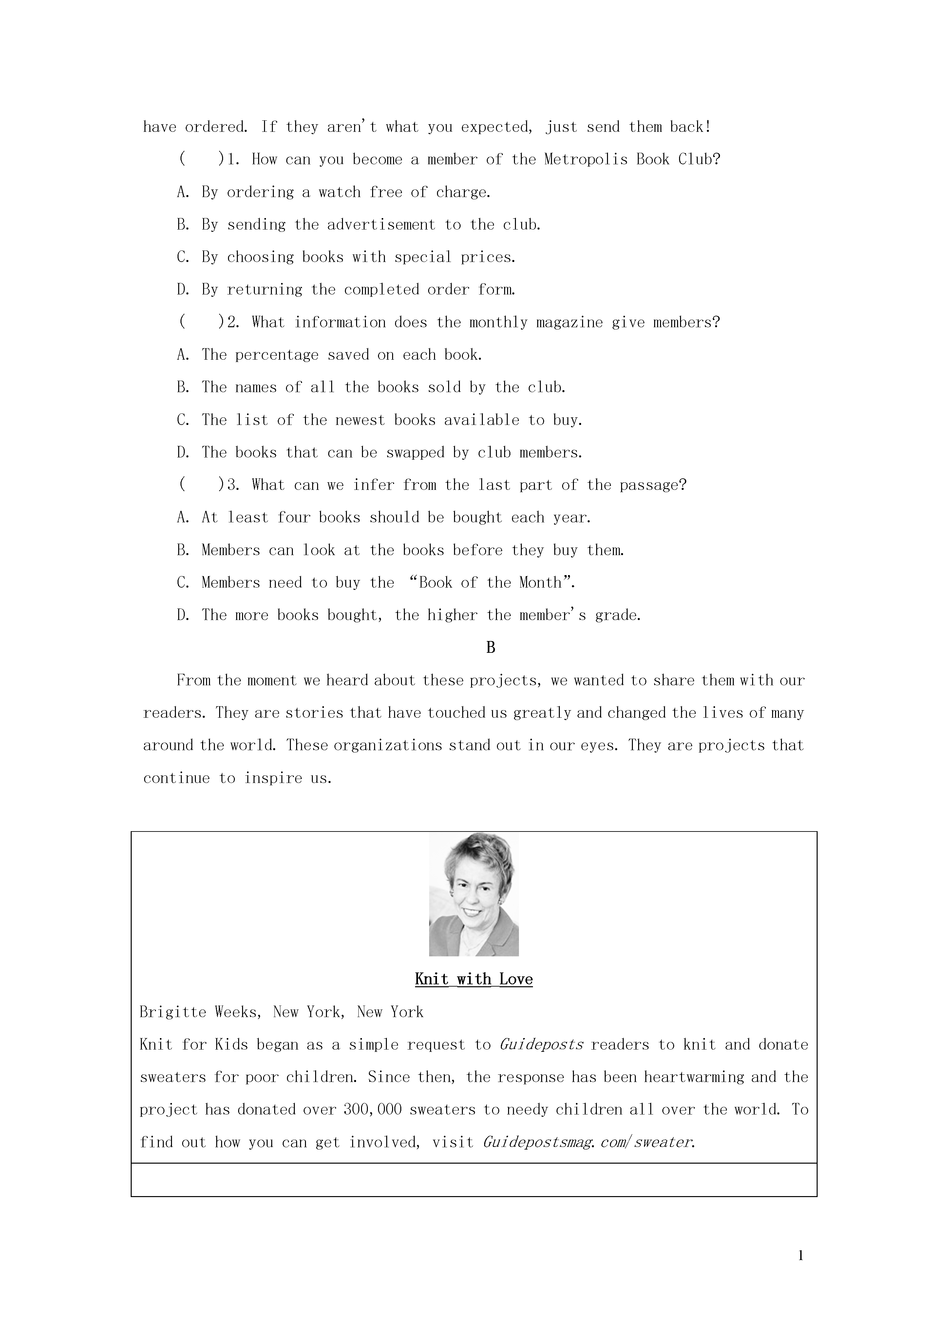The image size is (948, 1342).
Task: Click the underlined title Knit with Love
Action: [x=474, y=979]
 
